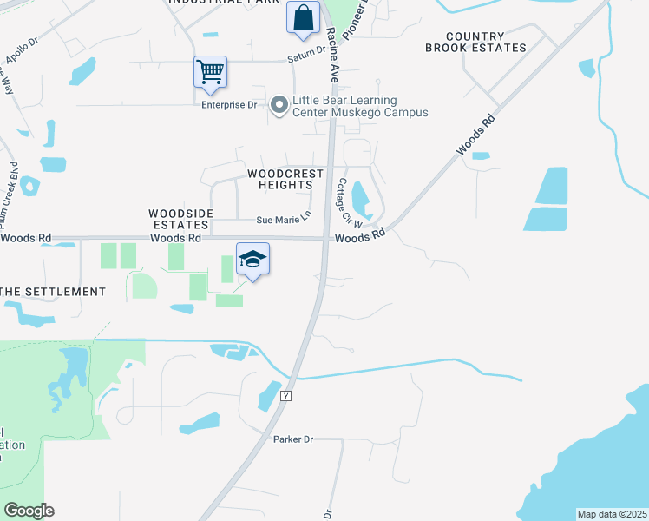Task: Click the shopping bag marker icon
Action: [303, 17]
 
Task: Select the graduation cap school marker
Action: [252, 259]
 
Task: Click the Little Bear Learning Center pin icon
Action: [279, 106]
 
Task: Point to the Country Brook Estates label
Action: [475, 42]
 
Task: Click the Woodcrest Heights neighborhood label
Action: [285, 179]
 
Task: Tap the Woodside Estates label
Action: [178, 218]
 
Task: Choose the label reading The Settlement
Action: [53, 292]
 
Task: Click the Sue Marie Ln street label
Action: [283, 221]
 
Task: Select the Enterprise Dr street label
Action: [230, 105]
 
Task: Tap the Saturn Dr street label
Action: [306, 60]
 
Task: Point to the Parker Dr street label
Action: [292, 439]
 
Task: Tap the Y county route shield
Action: [285, 396]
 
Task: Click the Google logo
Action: [29, 511]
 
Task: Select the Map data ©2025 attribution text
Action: [612, 514]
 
